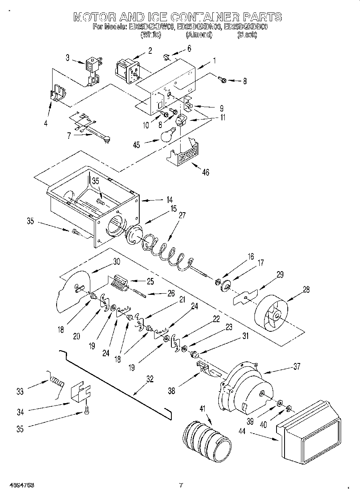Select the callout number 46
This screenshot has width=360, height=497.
point(206,172)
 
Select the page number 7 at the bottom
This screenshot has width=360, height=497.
point(181,485)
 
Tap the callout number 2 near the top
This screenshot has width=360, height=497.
point(150,51)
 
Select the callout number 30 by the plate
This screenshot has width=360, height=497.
point(116,261)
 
